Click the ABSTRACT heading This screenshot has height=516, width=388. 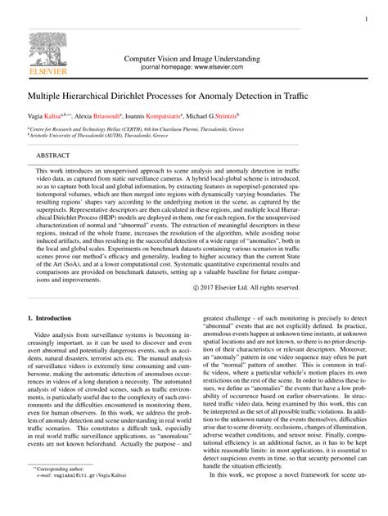[53, 155]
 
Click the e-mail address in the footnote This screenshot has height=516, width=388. [79, 496]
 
